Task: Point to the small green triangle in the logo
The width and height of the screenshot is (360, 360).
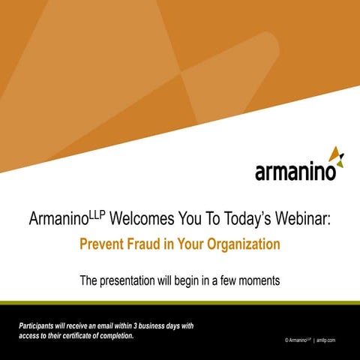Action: [341, 159]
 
